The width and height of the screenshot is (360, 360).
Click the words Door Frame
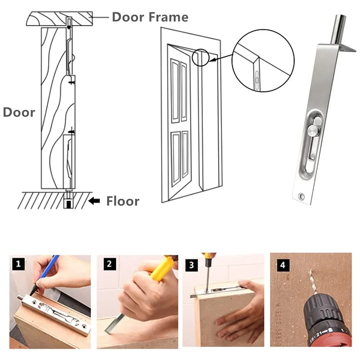point(150,17)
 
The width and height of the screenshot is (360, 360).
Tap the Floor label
point(123,201)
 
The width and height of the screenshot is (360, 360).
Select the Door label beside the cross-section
point(19,112)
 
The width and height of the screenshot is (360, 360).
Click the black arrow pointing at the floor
point(94,201)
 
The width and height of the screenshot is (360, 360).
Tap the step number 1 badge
point(18,264)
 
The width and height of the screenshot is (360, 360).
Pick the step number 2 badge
point(109,264)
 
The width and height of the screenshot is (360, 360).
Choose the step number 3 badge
point(191,265)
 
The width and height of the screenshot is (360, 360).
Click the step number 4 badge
point(283,265)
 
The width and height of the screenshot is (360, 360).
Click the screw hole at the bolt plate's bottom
point(301,196)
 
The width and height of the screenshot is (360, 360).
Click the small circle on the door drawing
point(200,58)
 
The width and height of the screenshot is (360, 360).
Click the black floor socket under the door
point(68,204)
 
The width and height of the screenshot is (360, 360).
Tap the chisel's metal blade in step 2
point(114,323)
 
